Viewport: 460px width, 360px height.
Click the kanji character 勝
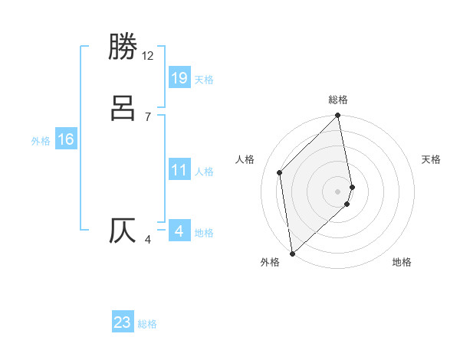coord(123,47)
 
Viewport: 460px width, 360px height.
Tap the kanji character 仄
coord(123,231)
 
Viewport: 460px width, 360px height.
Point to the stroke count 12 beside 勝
coord(148,56)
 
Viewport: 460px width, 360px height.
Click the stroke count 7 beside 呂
coord(148,117)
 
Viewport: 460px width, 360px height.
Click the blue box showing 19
coord(179,77)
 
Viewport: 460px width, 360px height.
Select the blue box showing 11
coord(179,171)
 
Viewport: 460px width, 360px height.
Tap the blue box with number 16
coord(66,139)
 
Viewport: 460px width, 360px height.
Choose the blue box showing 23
coord(123,322)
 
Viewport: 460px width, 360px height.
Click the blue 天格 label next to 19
coord(204,80)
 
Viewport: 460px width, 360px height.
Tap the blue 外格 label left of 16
coord(41,141)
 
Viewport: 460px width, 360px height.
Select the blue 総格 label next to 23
coord(147,325)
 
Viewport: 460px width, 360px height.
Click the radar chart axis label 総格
coord(338,100)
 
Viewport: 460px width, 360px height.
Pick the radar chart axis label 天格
coord(431,159)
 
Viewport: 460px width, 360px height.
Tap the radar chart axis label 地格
coord(402,262)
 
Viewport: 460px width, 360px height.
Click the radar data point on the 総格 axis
coord(338,116)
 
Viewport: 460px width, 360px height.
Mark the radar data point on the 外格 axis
coord(292,253)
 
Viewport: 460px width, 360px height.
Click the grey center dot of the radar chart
coord(338,191)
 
